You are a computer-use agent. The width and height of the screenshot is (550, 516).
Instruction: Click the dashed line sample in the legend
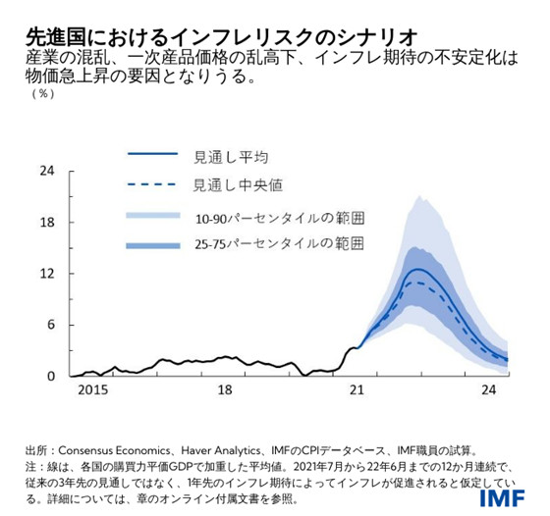click(152, 184)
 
